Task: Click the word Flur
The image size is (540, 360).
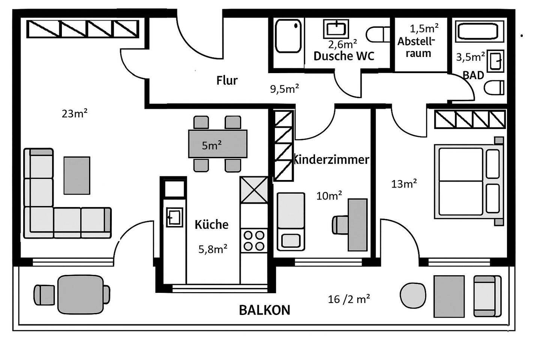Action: [227, 80]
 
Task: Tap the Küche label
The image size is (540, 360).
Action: [211, 224]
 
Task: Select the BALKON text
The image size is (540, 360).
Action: [265, 310]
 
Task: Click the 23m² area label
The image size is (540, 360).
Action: [75, 113]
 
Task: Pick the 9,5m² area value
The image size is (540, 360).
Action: [285, 89]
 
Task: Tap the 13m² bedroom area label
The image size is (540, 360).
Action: [404, 184]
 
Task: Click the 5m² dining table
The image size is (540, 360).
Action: [217, 144]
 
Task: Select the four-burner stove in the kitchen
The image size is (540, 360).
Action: [254, 241]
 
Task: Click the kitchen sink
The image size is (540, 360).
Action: [174, 217]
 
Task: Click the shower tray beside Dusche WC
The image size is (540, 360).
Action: [288, 36]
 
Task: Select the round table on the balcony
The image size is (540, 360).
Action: [413, 295]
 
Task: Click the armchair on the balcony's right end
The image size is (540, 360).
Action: [487, 296]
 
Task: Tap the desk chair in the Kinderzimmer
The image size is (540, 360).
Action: [340, 225]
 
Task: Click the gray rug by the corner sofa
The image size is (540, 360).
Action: [77, 175]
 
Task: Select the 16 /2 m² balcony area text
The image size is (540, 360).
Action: [349, 299]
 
